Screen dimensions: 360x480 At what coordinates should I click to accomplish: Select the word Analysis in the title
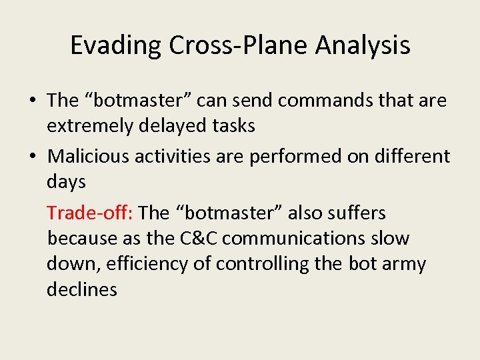pyautogui.click(x=363, y=45)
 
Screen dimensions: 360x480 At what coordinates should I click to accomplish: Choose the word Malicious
pyautogui.click(x=89, y=156)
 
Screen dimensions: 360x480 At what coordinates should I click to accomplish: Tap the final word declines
pyautogui.click(x=81, y=289)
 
